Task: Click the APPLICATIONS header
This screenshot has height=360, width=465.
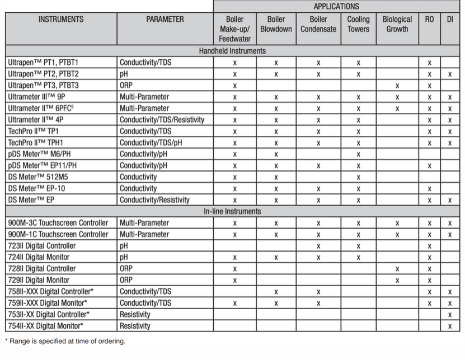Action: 336,7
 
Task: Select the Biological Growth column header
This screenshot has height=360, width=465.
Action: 397,24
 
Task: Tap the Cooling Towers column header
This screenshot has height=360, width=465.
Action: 358,24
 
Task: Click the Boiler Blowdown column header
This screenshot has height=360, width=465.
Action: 276,24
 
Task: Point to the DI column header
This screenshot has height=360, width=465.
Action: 450,19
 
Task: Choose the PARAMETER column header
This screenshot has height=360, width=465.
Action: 165,19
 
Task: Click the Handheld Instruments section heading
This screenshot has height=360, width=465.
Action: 232,51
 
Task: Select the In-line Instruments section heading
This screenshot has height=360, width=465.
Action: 232,211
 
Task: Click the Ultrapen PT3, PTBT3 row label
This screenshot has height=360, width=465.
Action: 43,86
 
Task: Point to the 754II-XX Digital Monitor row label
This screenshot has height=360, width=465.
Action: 46,326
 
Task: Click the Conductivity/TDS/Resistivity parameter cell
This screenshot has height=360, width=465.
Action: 162,120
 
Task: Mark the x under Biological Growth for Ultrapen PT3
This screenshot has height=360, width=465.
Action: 397,86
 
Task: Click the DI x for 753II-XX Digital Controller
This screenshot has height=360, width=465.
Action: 450,315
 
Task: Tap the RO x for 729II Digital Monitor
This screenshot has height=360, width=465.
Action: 429,280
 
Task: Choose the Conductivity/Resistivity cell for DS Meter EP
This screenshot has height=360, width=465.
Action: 154,200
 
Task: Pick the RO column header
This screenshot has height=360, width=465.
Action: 429,19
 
